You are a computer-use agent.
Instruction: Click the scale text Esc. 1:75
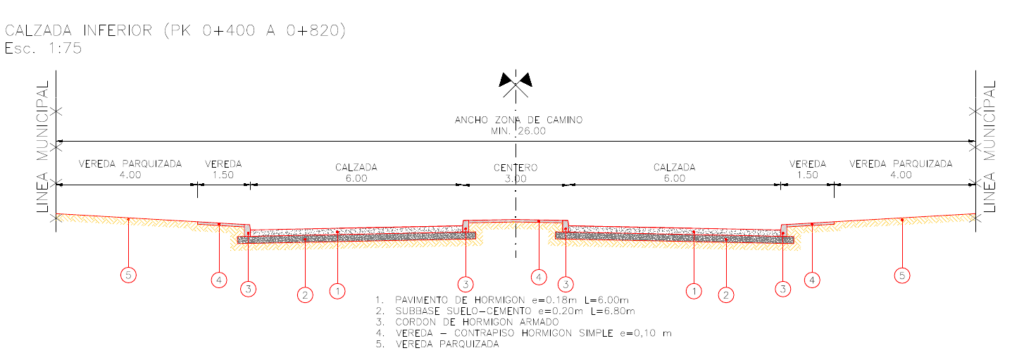(x=43, y=48)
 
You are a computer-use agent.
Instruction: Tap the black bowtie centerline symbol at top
(x=516, y=80)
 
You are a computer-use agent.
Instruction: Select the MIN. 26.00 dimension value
(x=515, y=131)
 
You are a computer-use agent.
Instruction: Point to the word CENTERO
(x=515, y=167)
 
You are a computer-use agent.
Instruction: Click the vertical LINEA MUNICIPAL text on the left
(x=43, y=146)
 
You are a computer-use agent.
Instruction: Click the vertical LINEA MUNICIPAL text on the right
(x=989, y=146)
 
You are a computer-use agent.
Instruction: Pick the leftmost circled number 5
(x=129, y=276)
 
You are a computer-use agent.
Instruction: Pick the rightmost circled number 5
(x=902, y=276)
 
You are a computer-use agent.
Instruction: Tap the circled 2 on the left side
(x=305, y=295)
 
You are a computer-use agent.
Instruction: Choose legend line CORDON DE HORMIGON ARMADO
(x=468, y=322)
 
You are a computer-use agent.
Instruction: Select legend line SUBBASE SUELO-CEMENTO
(x=505, y=311)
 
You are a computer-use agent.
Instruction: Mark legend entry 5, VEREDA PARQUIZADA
(x=438, y=344)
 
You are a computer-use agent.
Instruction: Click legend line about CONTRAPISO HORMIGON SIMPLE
(x=524, y=333)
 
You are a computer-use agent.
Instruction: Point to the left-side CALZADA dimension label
(x=357, y=167)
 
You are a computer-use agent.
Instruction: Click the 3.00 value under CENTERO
(x=515, y=178)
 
